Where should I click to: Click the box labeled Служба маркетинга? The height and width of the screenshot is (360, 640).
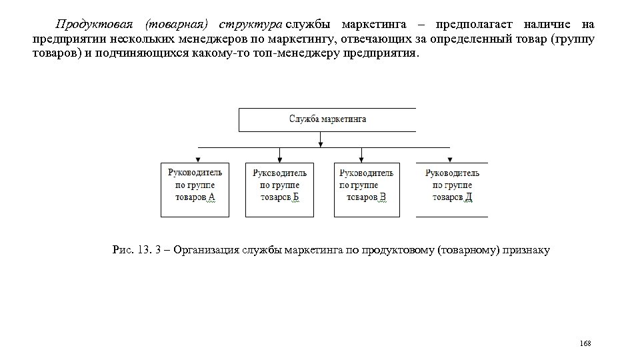[327, 119]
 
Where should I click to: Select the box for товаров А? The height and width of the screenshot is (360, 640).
[195, 189]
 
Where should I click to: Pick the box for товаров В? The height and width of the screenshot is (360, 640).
[367, 189]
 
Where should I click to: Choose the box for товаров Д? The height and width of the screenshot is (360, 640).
[452, 189]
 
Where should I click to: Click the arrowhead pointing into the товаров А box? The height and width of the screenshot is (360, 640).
[195, 159]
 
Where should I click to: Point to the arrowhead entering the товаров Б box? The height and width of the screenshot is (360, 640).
[280, 159]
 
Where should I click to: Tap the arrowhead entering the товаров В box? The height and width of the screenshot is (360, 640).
[361, 159]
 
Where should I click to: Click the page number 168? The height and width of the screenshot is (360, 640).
[585, 343]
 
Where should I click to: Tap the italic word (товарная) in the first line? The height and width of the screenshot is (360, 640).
[173, 25]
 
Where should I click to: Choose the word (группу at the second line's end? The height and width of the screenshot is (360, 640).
[573, 39]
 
